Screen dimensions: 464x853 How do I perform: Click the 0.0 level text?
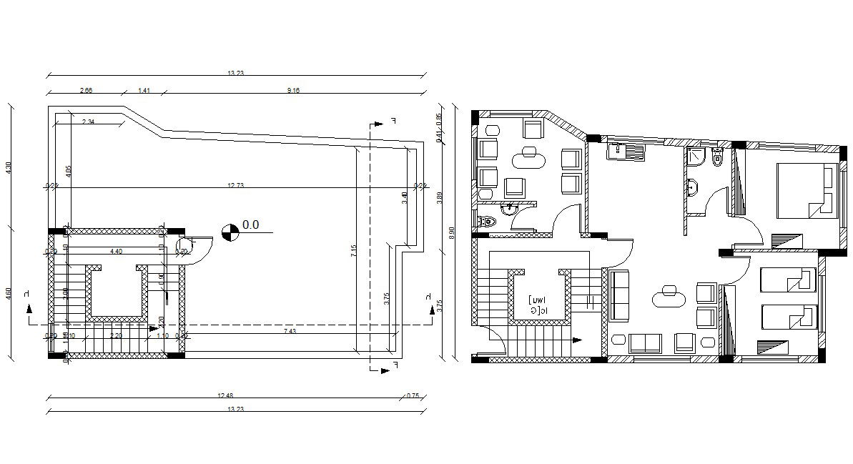tap(250, 224)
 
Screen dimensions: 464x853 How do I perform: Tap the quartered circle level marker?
tap(230, 231)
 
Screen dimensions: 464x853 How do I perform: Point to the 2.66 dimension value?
tap(85, 91)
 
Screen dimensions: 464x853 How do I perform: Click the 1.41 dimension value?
tap(143, 91)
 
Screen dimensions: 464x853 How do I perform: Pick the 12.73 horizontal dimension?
tap(236, 186)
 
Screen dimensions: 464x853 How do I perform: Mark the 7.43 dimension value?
tap(290, 331)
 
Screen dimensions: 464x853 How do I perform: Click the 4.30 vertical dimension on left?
tap(9, 168)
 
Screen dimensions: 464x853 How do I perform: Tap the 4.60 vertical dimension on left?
tap(9, 293)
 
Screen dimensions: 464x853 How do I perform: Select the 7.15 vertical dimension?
tap(353, 252)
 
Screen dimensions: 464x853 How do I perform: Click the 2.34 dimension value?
tap(89, 122)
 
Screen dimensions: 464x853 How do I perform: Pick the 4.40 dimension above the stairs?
tap(116, 251)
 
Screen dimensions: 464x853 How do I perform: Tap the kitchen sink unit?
tap(625, 151)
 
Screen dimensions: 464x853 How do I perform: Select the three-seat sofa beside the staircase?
tap(618, 294)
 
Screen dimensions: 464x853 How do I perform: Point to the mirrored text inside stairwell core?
tap(538, 305)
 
